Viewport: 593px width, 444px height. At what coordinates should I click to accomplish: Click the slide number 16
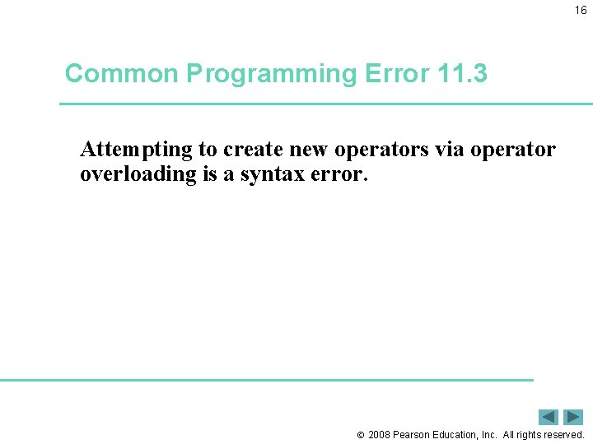(581, 11)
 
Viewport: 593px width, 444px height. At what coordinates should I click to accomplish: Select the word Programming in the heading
(270, 74)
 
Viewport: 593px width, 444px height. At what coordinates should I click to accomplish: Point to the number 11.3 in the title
(463, 74)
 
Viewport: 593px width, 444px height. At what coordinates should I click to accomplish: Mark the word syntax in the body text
(270, 173)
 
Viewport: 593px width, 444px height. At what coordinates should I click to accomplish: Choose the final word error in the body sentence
(334, 173)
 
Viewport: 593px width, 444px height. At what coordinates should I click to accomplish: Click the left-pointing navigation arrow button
(549, 417)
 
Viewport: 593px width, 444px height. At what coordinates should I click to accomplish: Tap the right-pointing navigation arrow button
(573, 417)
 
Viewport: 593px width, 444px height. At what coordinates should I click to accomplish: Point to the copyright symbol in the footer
(359, 435)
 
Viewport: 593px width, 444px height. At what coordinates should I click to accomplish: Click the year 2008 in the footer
(380, 434)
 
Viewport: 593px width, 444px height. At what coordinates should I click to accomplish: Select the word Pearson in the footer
(415, 434)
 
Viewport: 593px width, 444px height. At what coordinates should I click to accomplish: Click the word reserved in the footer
(563, 434)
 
